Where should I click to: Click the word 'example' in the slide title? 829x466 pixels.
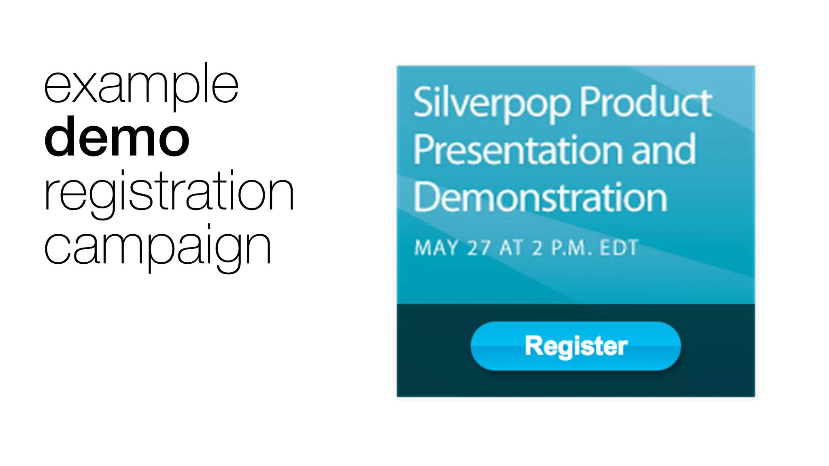(x=141, y=86)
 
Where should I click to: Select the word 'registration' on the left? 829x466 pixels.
(x=169, y=192)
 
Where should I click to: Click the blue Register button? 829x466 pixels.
(x=576, y=346)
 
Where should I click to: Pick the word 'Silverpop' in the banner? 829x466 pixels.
(x=492, y=104)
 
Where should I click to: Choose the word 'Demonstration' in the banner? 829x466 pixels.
(x=540, y=198)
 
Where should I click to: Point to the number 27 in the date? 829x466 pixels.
(x=479, y=248)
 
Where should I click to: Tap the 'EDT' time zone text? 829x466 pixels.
(x=619, y=248)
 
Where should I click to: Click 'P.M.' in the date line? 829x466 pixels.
(x=571, y=248)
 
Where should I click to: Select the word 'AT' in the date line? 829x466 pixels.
(x=512, y=248)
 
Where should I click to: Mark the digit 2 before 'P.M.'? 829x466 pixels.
(x=537, y=248)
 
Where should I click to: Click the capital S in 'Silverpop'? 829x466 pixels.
(x=423, y=102)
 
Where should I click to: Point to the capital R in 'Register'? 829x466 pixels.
(x=534, y=346)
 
